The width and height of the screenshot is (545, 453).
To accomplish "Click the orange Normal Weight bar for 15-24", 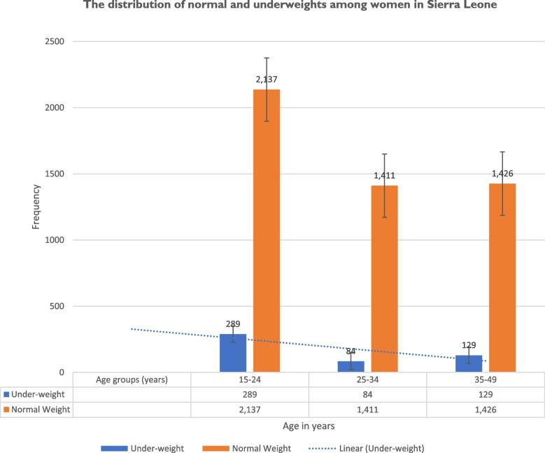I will point(267,231).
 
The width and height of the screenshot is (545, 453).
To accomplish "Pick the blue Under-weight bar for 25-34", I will point(351,367).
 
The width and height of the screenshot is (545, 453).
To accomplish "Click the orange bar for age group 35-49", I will point(502,277).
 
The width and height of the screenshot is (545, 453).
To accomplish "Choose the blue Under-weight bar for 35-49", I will point(469,363).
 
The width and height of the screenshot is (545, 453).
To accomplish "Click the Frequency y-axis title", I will point(36,207).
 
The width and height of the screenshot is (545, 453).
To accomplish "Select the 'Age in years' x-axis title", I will point(309,424).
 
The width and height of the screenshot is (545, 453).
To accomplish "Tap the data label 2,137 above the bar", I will point(267,80).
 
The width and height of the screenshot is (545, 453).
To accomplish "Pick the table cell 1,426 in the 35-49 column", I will point(486,410).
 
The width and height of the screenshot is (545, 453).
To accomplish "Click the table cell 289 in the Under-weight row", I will point(250,394).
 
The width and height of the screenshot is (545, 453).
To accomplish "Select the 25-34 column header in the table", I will point(367,379).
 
